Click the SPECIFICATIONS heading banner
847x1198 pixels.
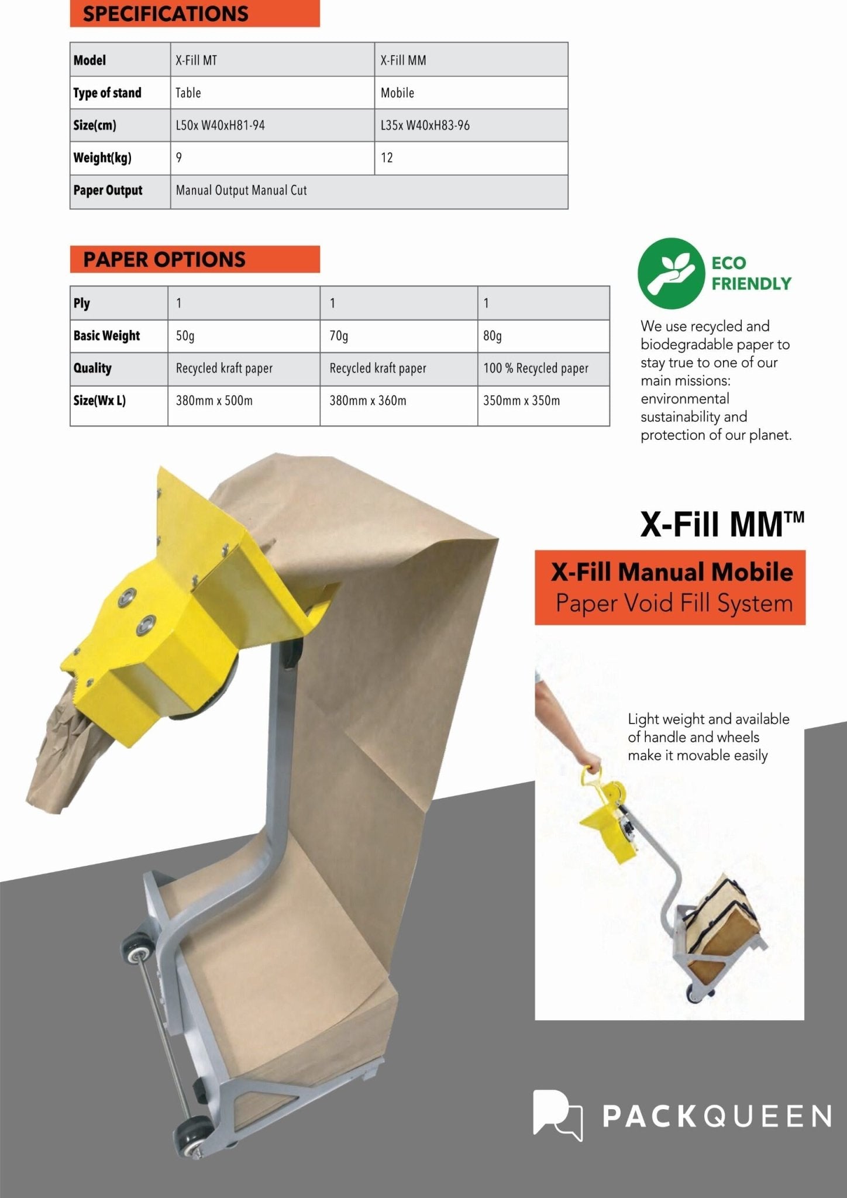(x=194, y=14)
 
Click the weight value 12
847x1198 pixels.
(x=387, y=158)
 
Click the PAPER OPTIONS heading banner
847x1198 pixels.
(x=194, y=260)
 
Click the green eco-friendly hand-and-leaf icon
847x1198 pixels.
(x=671, y=273)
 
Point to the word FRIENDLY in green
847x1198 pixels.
(x=751, y=284)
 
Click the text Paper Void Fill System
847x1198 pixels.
(x=674, y=604)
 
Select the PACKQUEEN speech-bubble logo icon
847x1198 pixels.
(x=557, y=1115)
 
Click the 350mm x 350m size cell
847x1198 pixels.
(x=521, y=401)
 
